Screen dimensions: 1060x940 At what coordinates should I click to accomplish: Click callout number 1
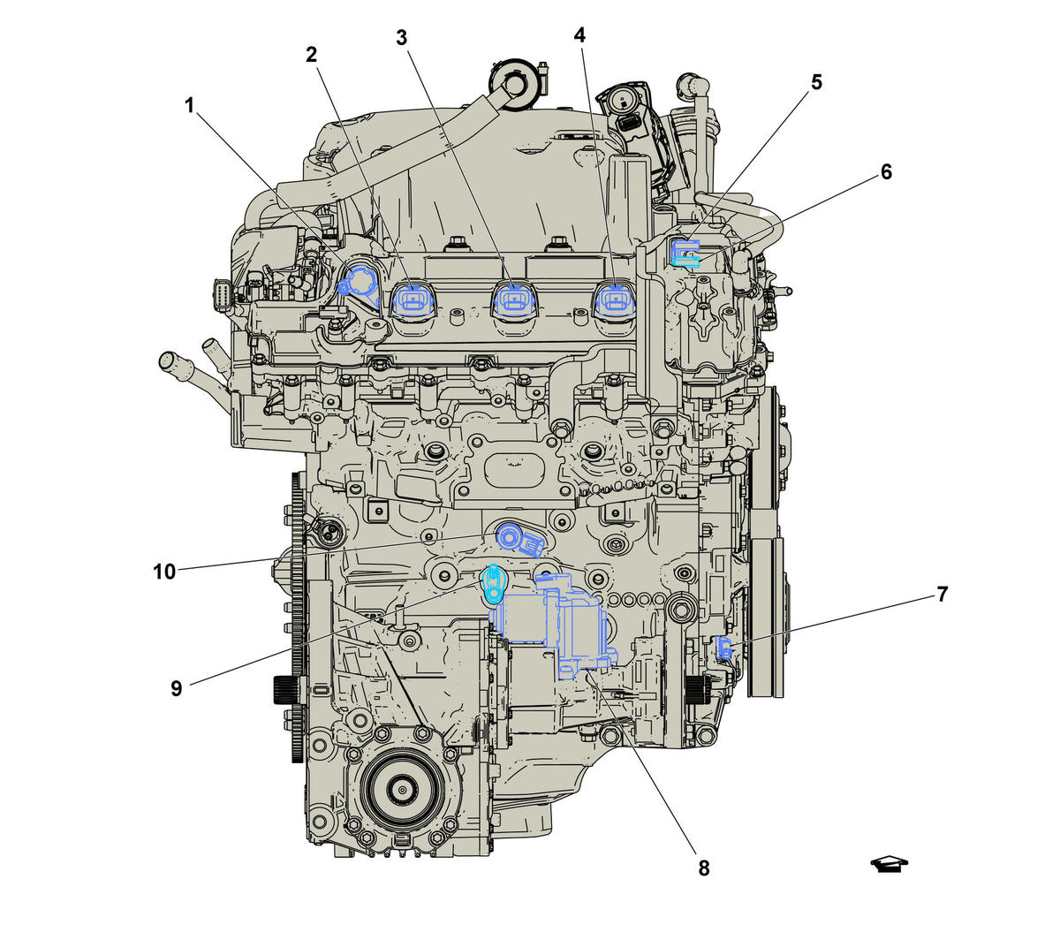[x=189, y=106]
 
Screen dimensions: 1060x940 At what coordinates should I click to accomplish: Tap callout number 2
[x=311, y=55]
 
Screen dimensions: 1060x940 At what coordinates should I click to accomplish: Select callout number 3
[x=401, y=38]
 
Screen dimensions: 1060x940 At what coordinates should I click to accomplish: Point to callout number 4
[x=579, y=35]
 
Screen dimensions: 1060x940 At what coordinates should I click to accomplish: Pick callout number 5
[x=817, y=82]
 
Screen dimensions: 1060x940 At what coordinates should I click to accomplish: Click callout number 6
[x=886, y=171]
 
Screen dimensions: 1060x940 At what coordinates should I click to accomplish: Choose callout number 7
[x=943, y=594]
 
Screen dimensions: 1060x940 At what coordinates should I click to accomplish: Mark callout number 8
[x=704, y=868]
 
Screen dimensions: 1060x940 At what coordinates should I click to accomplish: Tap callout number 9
[x=177, y=689]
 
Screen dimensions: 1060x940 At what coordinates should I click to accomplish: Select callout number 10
[x=164, y=572]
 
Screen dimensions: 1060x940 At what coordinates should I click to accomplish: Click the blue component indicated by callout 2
[x=413, y=299]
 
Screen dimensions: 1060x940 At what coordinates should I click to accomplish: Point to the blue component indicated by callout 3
[x=512, y=299]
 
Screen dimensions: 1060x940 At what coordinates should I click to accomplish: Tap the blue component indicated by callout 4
[x=613, y=299]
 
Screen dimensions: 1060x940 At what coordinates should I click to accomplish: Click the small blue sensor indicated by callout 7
[x=724, y=648]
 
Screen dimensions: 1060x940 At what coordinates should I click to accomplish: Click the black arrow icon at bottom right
[x=889, y=865]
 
